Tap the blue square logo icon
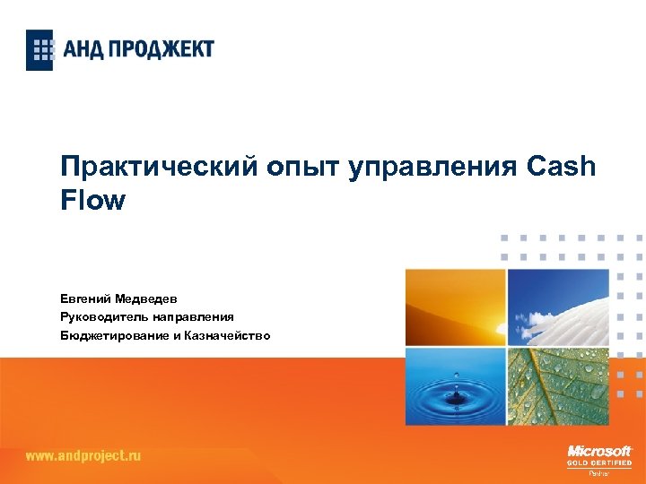pos(39,49)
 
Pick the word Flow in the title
pos(92,200)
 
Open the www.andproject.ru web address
pos(83,455)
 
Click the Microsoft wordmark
pos(599,451)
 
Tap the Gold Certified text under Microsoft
pos(599,462)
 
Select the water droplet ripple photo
pos(455,386)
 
